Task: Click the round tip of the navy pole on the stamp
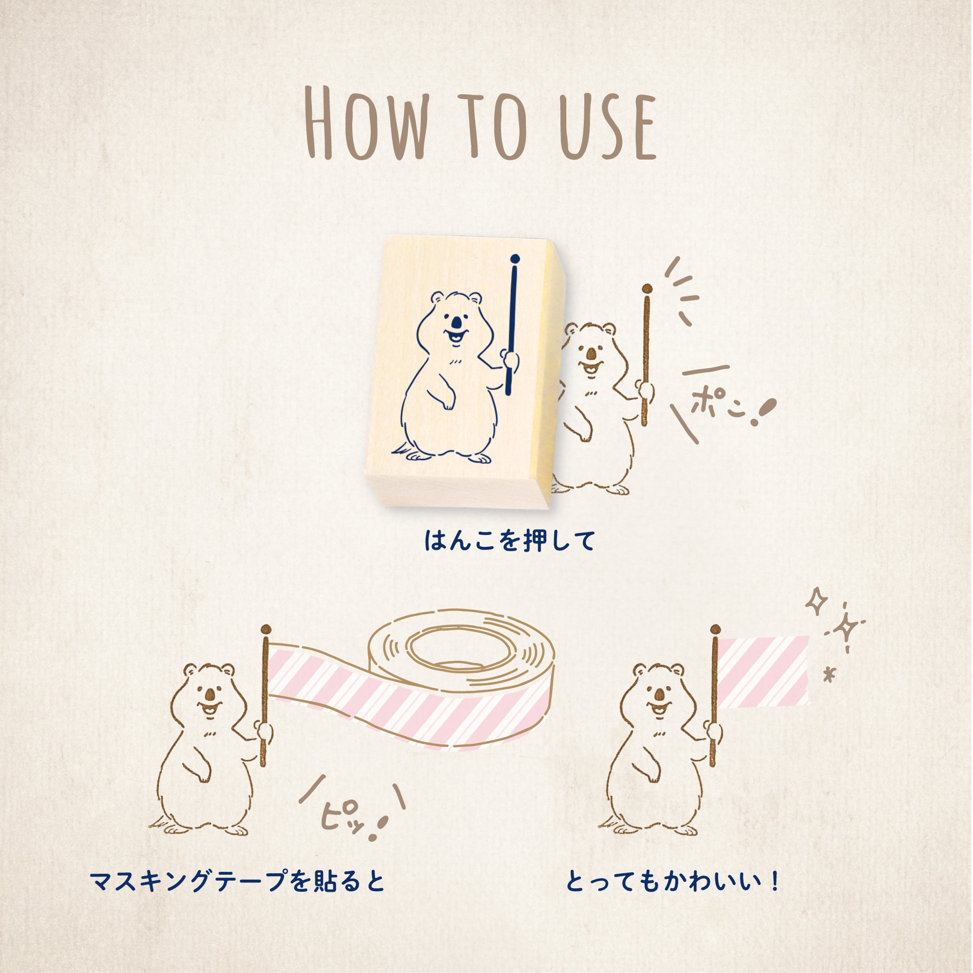[x=514, y=259]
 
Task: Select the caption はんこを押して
[x=509, y=540]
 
